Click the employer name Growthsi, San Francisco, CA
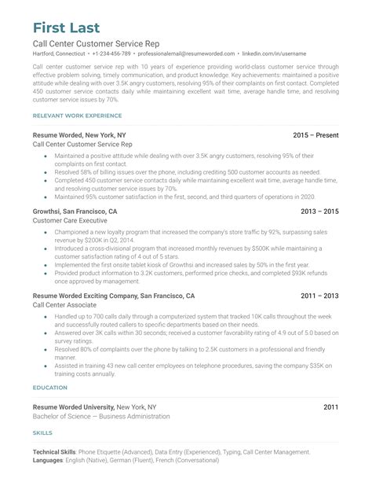[75, 212]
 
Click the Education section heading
[50, 388]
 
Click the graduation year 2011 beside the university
[330, 407]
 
